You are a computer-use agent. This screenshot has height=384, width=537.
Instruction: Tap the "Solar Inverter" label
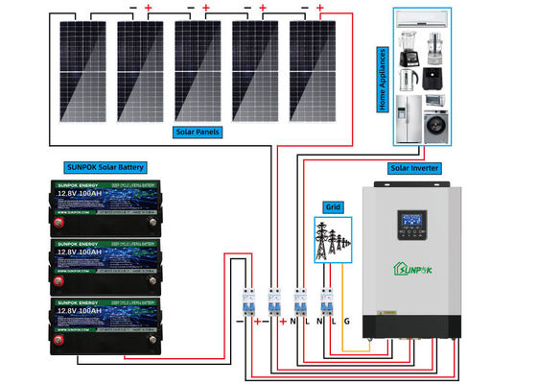click(414, 168)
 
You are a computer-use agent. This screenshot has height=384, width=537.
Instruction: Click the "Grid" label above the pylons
click(333, 206)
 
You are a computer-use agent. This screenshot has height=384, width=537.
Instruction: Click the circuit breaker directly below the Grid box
click(326, 300)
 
